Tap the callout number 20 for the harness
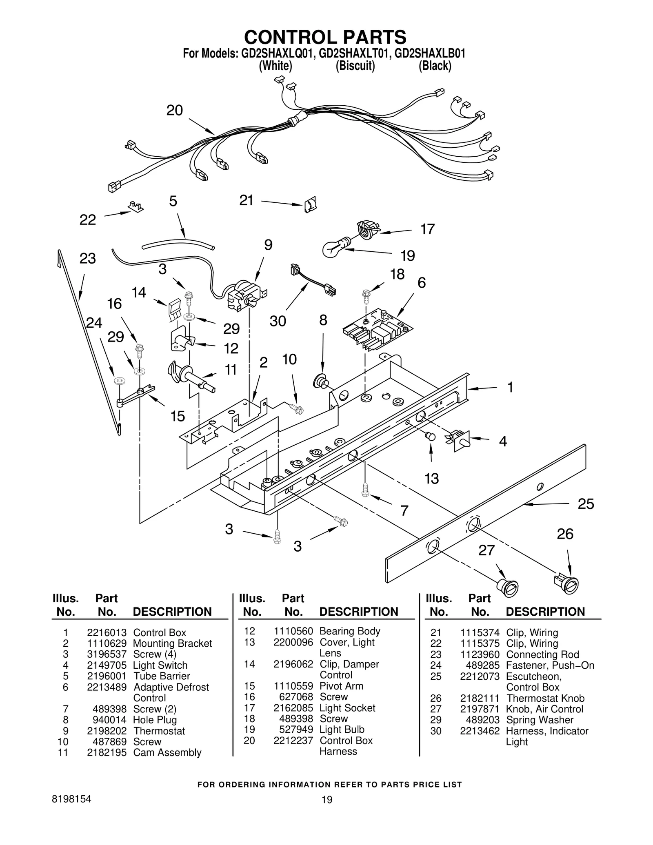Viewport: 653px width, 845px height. (174, 111)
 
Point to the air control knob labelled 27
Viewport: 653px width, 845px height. (507, 588)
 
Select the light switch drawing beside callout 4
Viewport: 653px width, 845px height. (460, 441)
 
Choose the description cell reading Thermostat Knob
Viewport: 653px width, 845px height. (545, 699)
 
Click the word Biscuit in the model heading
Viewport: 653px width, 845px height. (355, 66)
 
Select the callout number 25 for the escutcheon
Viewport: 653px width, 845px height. (586, 504)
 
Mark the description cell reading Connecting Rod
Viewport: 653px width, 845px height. (542, 654)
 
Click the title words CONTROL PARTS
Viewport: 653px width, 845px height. (325, 37)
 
